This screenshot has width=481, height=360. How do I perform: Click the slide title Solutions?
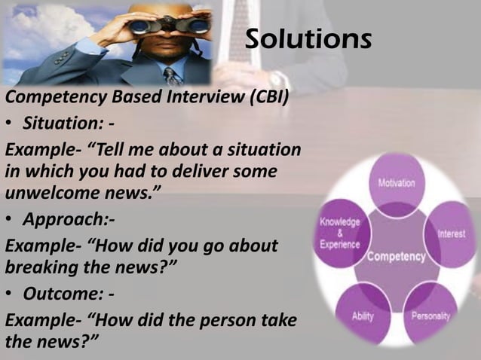[308, 39]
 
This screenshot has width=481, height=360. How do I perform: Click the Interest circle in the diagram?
[450, 233]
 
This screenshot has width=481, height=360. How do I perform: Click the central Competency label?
[396, 257]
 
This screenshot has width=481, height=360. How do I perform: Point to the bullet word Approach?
[61, 220]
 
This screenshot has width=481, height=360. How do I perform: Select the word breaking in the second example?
[38, 268]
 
